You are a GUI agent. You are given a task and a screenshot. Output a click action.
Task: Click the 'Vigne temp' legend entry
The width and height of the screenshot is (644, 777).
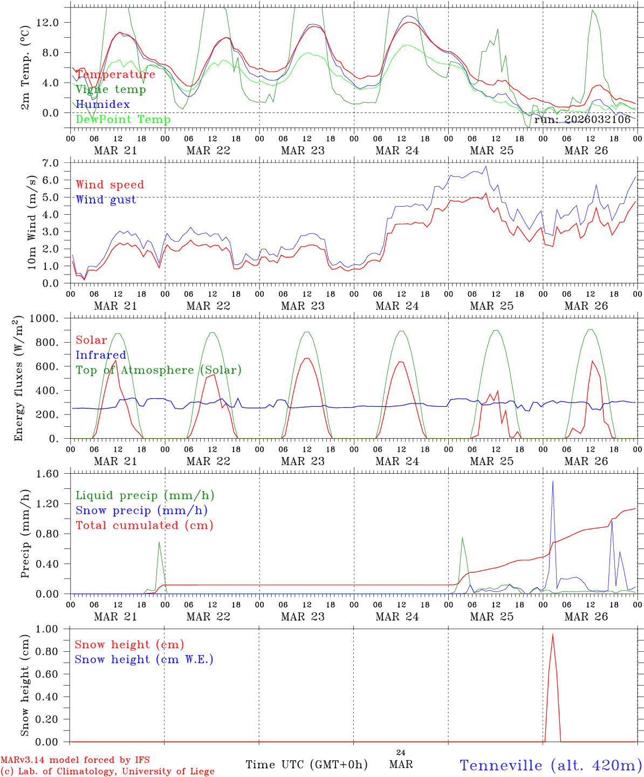[111, 90]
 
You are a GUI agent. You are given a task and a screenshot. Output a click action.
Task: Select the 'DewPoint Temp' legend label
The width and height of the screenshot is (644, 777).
[123, 120]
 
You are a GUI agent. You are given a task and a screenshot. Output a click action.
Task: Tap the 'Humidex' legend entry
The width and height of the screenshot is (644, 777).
[102, 105]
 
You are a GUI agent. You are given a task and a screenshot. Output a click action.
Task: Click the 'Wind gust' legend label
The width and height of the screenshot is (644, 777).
[106, 200]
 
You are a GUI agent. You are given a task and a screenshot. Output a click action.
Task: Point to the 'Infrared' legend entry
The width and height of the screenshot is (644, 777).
[101, 355]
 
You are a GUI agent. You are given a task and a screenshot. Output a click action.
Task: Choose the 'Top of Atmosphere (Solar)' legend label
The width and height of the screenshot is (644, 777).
[159, 370]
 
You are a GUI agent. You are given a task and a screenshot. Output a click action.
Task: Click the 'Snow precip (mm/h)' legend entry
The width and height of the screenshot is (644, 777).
[141, 510]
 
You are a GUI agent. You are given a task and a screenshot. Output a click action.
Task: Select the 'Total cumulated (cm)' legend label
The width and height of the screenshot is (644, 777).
[145, 526]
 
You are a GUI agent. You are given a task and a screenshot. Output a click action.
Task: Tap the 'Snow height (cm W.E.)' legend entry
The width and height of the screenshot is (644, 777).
[144, 659]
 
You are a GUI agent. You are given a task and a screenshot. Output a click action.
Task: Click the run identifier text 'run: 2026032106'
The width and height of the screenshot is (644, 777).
[582, 120]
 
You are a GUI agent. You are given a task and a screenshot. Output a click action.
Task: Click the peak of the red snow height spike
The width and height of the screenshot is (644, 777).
[553, 634]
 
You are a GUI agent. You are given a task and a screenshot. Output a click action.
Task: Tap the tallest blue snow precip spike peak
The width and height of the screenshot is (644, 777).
[553, 481]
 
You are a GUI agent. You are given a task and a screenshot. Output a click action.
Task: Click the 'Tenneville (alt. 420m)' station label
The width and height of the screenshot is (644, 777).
[550, 765]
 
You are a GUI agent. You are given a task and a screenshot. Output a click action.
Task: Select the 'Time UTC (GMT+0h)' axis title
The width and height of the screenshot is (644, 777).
[306, 765]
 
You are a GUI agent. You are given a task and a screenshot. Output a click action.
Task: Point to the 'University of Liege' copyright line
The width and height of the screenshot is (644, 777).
[107, 772]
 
